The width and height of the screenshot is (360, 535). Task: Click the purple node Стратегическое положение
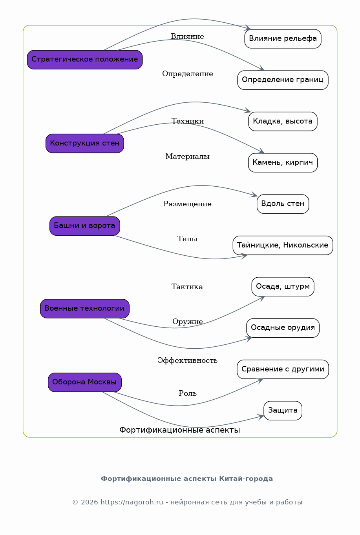pos(85,60)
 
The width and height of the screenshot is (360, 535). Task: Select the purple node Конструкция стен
pos(85,143)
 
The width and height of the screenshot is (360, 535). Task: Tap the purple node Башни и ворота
pos(85,226)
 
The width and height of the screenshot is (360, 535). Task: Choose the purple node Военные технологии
pos(85,309)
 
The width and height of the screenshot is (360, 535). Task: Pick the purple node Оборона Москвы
pos(85,382)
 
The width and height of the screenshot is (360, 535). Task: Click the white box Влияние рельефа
pos(283,39)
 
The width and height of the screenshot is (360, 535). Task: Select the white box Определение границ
pos(283,80)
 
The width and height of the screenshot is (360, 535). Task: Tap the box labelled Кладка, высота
pos(283,121)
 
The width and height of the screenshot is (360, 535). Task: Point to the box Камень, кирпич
pos(283,163)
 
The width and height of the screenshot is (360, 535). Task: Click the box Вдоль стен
pos(283,204)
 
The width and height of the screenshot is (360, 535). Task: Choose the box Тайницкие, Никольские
pos(283,245)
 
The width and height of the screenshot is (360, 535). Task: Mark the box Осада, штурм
pos(283,287)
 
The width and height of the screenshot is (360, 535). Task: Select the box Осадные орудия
pos(283,328)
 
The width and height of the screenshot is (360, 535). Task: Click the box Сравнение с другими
pos(283,369)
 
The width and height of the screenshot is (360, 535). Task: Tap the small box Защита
pos(283,411)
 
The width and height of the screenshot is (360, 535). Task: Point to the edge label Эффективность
pos(187,360)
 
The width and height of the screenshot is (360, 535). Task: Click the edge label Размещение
pos(187,204)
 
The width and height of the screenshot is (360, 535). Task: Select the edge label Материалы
pos(187,156)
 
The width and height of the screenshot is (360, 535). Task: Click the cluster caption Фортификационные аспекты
pos(179,430)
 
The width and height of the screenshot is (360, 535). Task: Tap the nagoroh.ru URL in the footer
pos(132,502)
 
